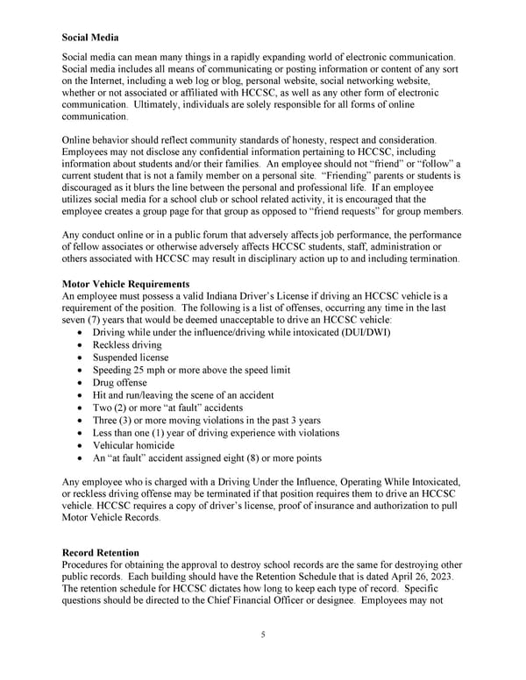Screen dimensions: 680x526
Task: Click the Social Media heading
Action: click(92, 38)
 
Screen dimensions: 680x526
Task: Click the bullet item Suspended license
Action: click(131, 358)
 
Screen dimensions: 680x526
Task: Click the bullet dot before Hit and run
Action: click(82, 396)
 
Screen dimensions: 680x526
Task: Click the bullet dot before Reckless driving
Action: click(82, 346)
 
